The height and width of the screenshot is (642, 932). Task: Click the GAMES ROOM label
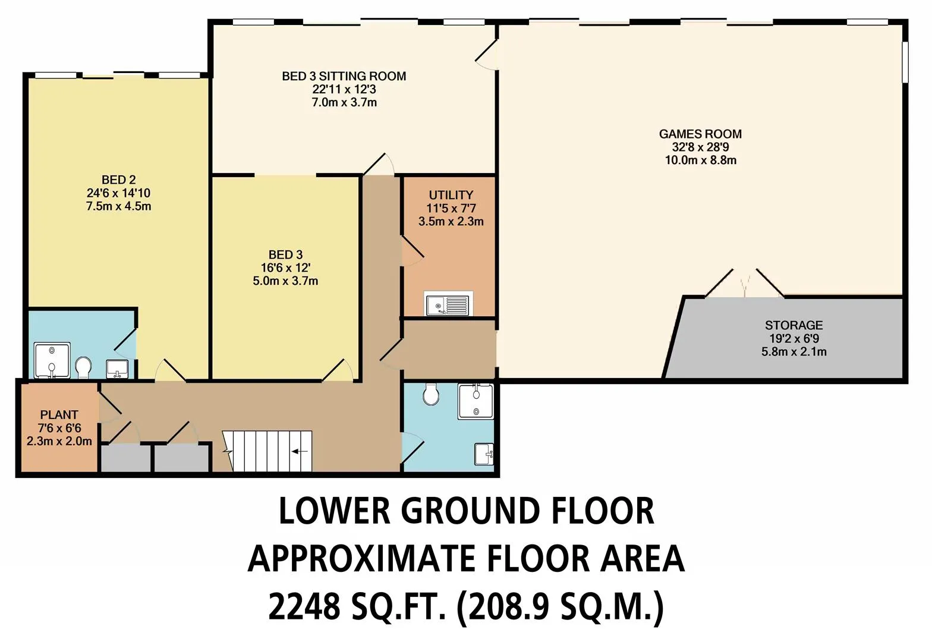click(x=700, y=134)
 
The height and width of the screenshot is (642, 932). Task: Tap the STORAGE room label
click(x=794, y=325)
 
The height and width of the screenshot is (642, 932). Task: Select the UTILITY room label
click(x=451, y=195)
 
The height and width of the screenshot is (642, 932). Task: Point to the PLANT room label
click(x=59, y=415)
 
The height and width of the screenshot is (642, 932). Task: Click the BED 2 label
click(x=119, y=180)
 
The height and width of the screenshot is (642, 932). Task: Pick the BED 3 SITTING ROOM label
click(x=344, y=76)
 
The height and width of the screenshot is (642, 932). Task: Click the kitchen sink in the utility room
click(x=449, y=303)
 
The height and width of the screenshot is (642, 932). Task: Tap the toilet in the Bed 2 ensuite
click(x=84, y=367)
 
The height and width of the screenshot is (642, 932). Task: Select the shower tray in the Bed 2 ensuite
click(x=52, y=360)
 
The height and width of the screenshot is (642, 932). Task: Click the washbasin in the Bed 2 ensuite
click(x=117, y=369)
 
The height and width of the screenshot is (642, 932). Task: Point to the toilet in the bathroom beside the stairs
click(x=430, y=394)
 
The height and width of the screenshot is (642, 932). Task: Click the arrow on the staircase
click(x=300, y=451)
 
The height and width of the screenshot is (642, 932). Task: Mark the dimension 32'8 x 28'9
click(x=701, y=147)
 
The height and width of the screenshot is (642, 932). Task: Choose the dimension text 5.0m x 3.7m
click(x=285, y=281)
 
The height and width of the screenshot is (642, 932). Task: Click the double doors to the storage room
click(x=745, y=284)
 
